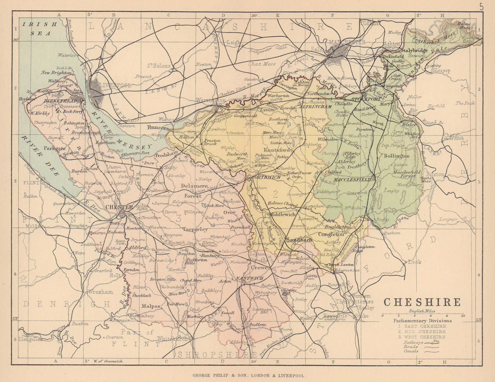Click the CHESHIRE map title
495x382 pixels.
pyautogui.click(x=422, y=302)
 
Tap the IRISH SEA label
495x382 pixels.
pyautogui.click(x=40, y=29)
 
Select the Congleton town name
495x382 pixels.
pyautogui.click(x=331, y=235)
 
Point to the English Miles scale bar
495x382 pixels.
pyautogui.click(x=422, y=314)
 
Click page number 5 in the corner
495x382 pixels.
pyautogui.click(x=481, y=7)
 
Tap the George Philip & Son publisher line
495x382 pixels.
pyautogui.click(x=249, y=375)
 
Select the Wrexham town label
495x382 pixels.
pyautogui.click(x=99, y=292)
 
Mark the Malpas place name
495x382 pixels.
pyautogui.click(x=151, y=306)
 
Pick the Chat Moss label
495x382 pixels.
pyautogui.click(x=262, y=64)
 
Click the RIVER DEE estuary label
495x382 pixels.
pyautogui.click(x=40, y=155)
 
